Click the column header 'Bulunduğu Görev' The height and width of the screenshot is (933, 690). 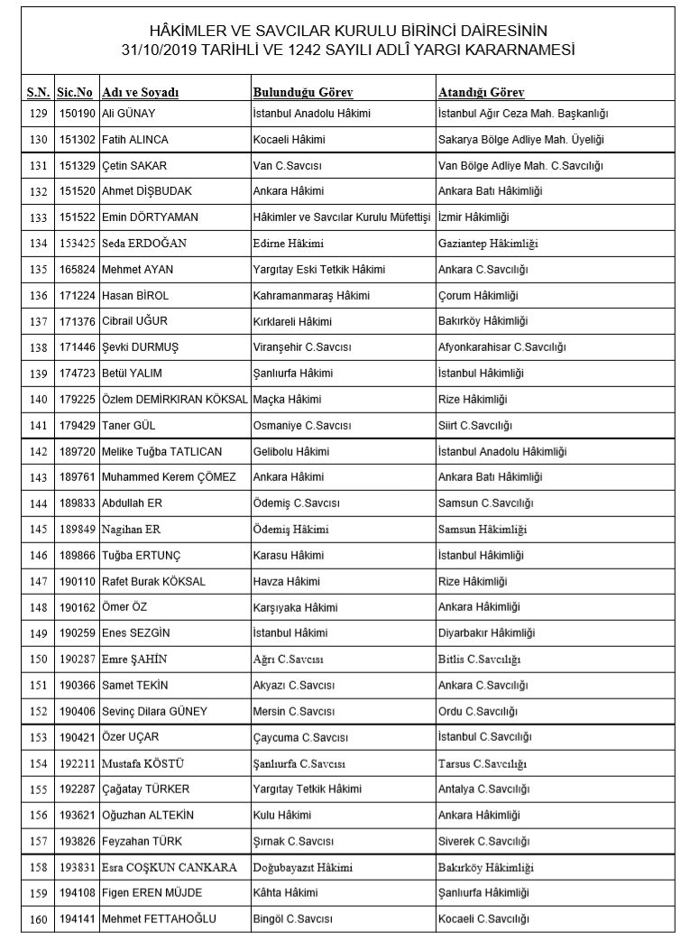(x=302, y=93)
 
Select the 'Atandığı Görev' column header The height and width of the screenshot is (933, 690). (x=481, y=93)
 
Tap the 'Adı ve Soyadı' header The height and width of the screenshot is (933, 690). (x=142, y=93)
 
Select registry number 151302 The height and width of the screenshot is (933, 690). (x=77, y=140)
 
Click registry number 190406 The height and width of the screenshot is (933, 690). (x=77, y=711)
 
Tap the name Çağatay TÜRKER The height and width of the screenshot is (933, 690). (x=146, y=789)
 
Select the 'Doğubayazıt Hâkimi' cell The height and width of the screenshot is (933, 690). (x=302, y=867)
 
